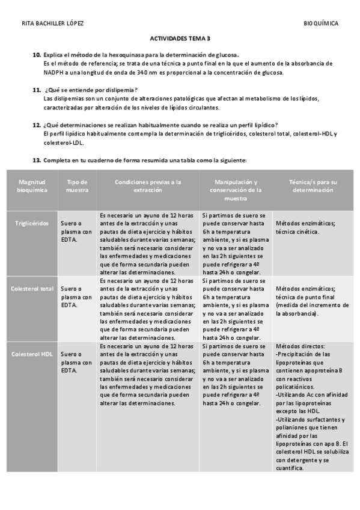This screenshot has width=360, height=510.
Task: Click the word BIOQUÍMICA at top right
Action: coord(321,23)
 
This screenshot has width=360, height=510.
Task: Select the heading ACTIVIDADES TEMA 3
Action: coord(180,38)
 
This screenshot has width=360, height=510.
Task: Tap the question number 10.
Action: coord(37,55)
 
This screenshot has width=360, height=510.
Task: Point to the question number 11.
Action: coord(37,89)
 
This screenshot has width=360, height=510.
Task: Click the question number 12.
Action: coord(37,124)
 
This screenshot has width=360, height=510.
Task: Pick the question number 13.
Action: coord(37,160)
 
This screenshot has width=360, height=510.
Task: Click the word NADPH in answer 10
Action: coord(53,72)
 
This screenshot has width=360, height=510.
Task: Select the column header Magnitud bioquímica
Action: coord(32,185)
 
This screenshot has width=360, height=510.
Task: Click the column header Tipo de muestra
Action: coord(76,185)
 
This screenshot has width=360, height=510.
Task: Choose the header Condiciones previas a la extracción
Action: coord(148,185)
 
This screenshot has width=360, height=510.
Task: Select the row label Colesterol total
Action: coord(32,289)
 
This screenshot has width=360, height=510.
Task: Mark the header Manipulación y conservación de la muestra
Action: coord(236,189)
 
